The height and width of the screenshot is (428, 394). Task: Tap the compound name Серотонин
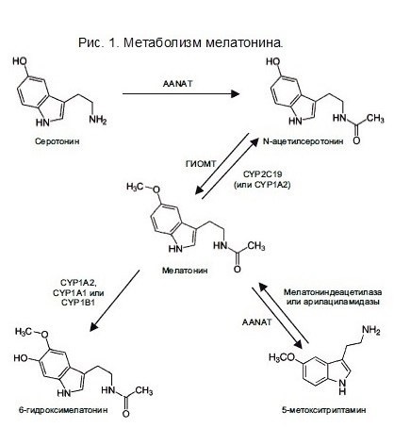pos(57,141)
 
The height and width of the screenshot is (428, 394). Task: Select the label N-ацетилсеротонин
pos(304,141)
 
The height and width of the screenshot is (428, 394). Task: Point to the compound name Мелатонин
pos(185,271)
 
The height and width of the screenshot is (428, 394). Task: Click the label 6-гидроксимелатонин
pos(63,410)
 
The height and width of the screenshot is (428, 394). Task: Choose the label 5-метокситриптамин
pos(324,410)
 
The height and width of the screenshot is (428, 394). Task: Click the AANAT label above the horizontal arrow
pos(177,84)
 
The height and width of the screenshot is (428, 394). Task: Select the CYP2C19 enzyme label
pos(263,173)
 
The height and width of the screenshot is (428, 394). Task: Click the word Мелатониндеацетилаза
pos(333,292)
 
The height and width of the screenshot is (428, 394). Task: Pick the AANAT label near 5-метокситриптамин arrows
pos(256,321)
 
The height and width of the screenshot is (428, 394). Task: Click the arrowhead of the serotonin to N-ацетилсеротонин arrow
pos(235,93)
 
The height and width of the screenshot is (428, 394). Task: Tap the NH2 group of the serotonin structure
pos(98,120)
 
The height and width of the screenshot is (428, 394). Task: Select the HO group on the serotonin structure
pos(20,61)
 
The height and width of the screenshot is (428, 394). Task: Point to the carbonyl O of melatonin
pos(238,269)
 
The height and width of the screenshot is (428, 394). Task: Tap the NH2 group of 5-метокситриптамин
pos(371,330)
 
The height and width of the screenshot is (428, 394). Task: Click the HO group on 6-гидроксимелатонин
pos(22,357)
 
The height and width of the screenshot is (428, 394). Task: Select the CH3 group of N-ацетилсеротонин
pos(375,119)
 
